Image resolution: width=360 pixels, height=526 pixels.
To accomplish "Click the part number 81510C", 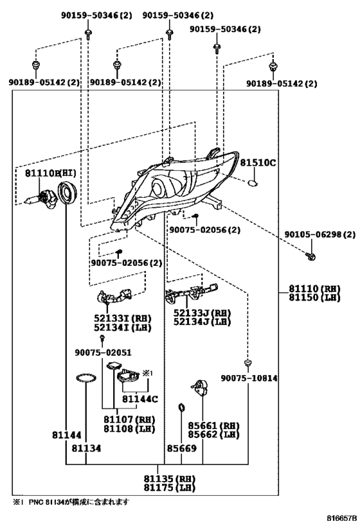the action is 258,162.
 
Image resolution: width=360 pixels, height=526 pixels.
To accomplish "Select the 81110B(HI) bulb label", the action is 51,173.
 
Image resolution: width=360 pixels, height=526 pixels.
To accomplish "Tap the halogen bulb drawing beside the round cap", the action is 40,198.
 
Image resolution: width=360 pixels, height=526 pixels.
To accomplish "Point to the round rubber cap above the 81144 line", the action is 67,192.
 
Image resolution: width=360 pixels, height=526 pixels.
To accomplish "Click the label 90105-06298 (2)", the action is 319,234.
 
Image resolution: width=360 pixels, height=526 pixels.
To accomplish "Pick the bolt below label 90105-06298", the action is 311,257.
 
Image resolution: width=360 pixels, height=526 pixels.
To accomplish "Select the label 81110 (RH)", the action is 314,288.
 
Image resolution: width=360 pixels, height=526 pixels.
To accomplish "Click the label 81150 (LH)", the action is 314,297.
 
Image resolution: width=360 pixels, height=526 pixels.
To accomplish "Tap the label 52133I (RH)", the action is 123,318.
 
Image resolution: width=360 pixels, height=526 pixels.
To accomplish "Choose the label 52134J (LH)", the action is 202,322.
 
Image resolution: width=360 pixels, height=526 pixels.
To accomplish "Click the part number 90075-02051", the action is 103,353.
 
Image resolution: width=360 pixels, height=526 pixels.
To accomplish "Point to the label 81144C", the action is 140,399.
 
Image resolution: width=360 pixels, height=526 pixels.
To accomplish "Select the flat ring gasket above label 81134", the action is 86,378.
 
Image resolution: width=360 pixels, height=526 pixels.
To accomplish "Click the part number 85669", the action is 182,448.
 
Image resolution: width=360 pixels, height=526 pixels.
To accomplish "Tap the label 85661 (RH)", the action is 213,426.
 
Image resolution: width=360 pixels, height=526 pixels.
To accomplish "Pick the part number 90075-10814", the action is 249,378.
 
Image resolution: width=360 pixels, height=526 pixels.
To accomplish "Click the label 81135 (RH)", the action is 170,478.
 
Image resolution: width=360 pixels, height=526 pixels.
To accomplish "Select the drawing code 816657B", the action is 342,518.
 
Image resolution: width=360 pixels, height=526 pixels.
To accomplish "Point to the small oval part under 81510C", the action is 253,183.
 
